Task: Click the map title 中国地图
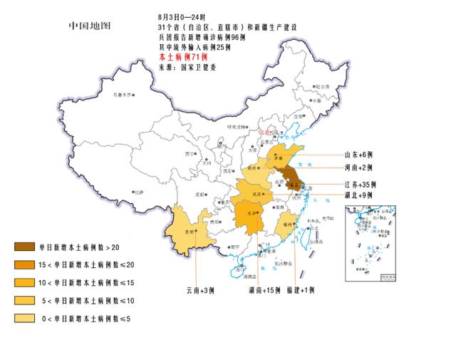click(x=90, y=26)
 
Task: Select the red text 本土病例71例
click(x=183, y=56)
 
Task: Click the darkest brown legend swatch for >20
click(x=25, y=247)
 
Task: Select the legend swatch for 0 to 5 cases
click(x=25, y=317)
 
